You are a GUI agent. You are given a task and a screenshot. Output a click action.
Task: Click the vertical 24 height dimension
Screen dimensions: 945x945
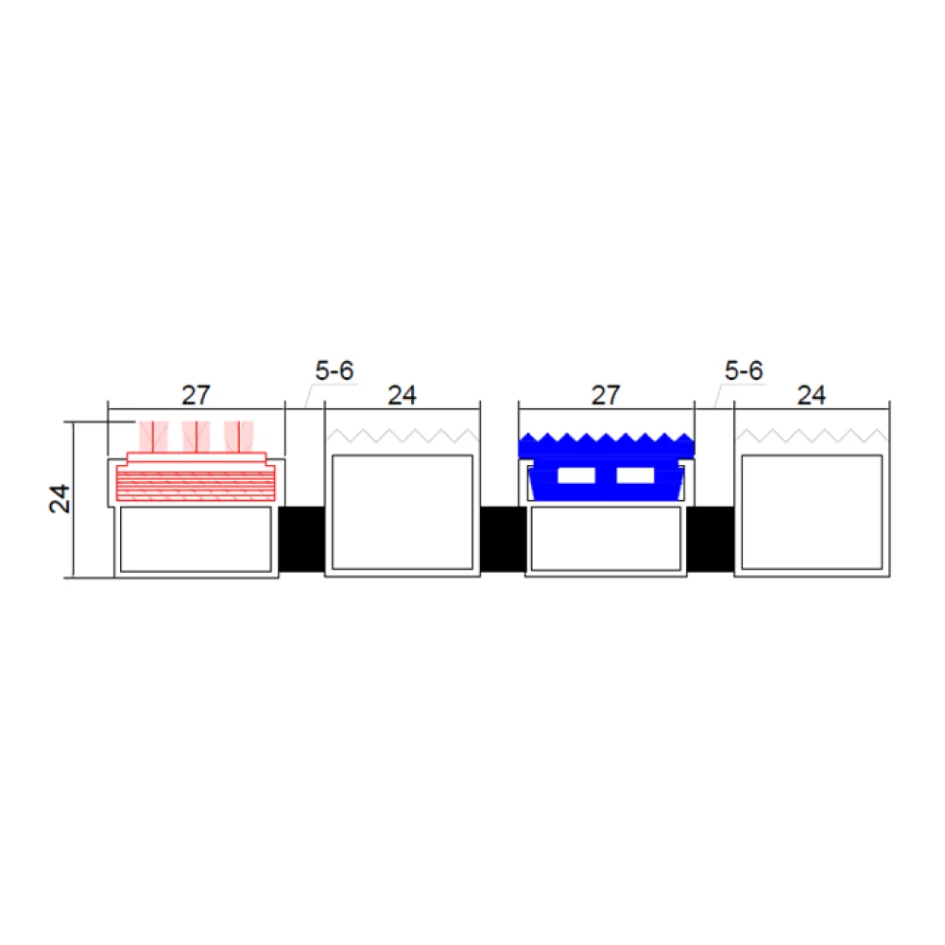coord(60,499)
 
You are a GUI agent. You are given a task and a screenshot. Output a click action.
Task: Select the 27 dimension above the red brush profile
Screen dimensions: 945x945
coord(196,395)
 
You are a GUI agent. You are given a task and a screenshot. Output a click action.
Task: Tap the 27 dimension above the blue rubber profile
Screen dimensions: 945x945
coord(606,395)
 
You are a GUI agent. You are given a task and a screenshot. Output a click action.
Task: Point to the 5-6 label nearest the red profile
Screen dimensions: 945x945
coord(335,370)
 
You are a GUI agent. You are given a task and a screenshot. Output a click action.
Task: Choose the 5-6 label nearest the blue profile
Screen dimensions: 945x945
coord(744,370)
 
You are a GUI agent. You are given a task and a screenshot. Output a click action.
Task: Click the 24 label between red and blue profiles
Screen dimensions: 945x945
coord(402,395)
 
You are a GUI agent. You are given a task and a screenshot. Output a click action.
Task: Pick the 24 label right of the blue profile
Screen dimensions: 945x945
coord(811,395)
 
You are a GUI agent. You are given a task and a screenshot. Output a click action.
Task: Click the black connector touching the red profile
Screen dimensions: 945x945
coord(302,539)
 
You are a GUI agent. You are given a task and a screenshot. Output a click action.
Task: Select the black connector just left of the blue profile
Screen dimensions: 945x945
coord(504,539)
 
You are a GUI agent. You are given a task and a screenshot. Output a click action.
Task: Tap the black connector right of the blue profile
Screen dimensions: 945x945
coord(711,539)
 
